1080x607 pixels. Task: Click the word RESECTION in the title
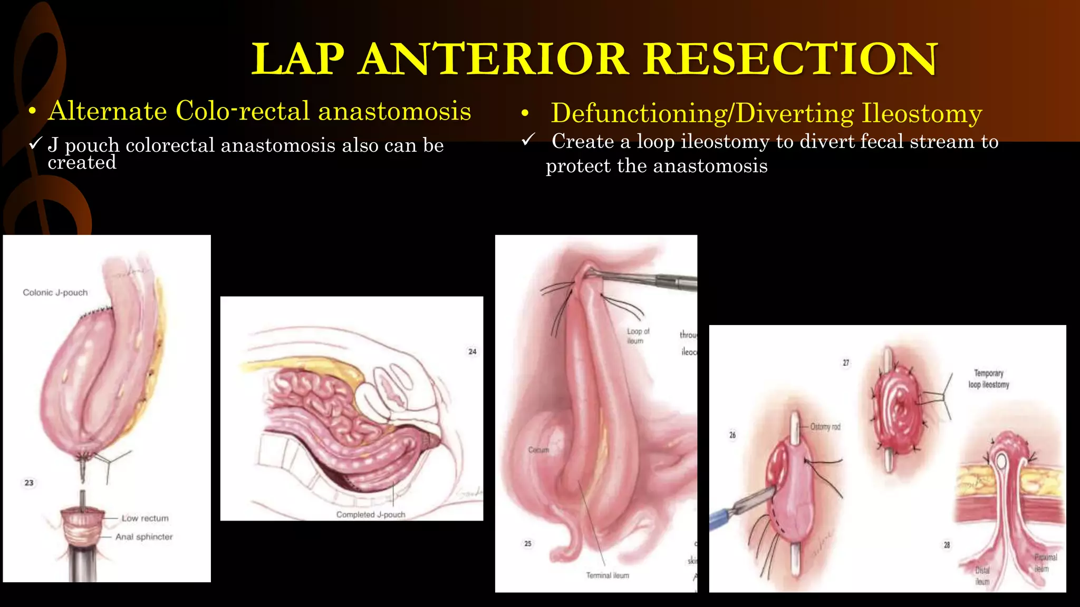[x=790, y=59]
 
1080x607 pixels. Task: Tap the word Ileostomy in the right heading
[x=921, y=113]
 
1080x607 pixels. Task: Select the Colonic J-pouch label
[x=55, y=292]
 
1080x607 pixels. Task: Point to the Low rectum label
[x=145, y=518]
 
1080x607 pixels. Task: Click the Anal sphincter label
[x=144, y=537]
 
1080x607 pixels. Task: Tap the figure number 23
[x=29, y=483]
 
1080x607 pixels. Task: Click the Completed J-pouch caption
[x=371, y=514]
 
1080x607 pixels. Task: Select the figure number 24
[x=472, y=351]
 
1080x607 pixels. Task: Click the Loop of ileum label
[x=638, y=336]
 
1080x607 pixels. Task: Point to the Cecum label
[x=538, y=450]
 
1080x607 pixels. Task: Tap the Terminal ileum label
[x=607, y=575]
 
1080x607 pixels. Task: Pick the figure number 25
[x=528, y=543]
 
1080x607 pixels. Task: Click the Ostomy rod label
[x=825, y=427]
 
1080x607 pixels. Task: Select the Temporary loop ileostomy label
[x=988, y=379]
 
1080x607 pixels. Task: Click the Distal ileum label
[x=982, y=576]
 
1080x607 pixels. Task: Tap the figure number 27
[x=846, y=363]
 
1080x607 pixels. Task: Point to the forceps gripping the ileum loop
[x=654, y=280]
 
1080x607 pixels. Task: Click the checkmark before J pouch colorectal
[x=35, y=144]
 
